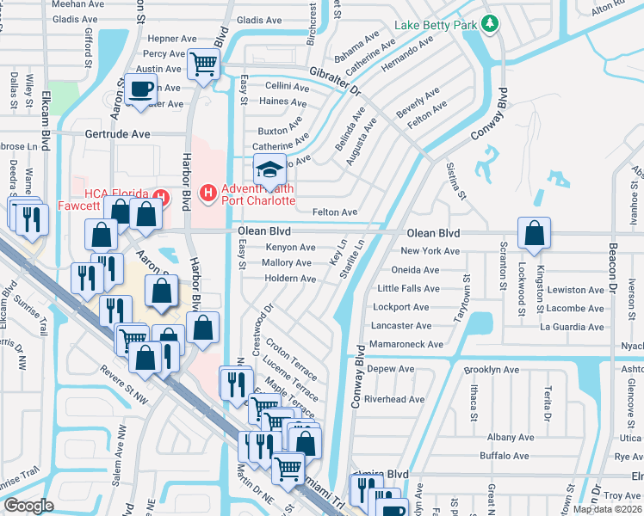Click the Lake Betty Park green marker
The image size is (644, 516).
(x=490, y=23)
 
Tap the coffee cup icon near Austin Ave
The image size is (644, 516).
(x=140, y=89)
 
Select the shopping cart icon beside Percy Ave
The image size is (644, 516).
(x=203, y=63)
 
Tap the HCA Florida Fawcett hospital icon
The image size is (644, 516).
(x=158, y=193)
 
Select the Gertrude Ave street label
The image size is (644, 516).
(x=117, y=134)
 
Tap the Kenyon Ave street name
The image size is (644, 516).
(x=289, y=248)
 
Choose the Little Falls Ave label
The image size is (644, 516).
(x=409, y=288)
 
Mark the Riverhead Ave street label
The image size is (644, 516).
(x=394, y=399)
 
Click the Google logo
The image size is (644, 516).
(x=28, y=506)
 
